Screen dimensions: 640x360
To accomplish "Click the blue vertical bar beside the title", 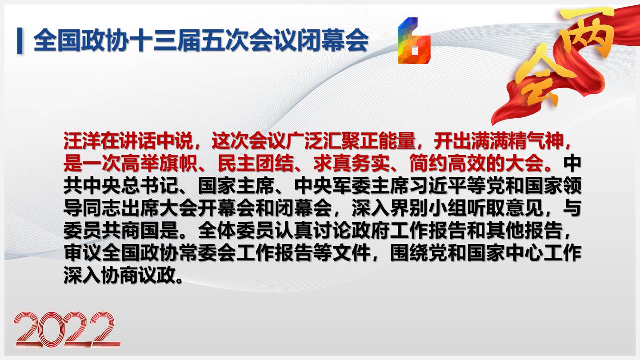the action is [20, 40].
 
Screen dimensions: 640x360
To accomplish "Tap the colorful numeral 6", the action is [414, 40].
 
